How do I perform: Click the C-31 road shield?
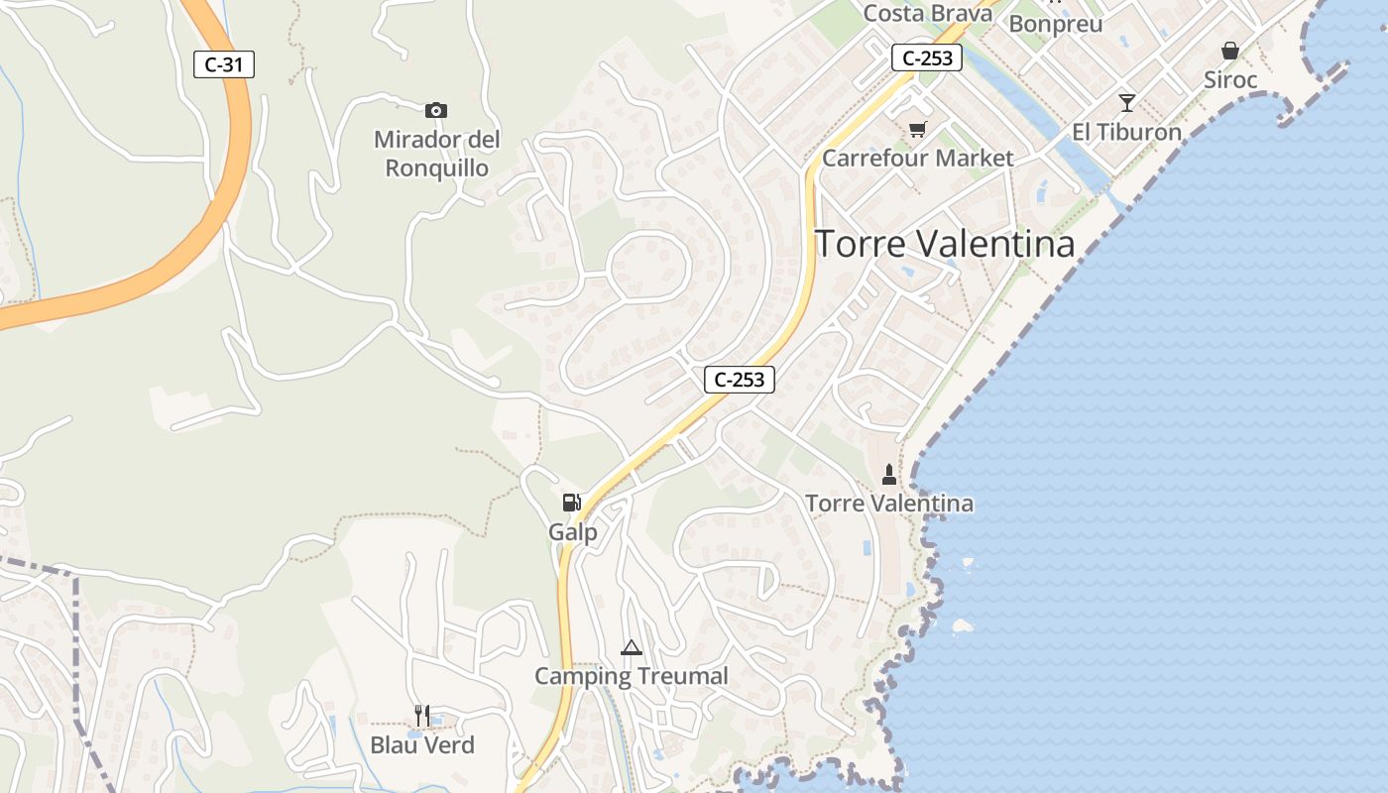(224, 65)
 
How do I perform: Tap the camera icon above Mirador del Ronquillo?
(435, 110)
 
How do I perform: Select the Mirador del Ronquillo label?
(436, 155)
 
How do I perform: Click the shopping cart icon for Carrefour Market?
(918, 130)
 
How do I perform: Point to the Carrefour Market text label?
(918, 158)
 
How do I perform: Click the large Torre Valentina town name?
(944, 244)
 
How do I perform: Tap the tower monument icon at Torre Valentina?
(889, 475)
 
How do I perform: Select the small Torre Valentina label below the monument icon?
(889, 504)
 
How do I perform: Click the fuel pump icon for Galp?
(571, 503)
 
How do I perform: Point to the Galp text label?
(573, 532)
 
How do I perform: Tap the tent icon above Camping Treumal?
(631, 648)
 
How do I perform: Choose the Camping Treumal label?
(632, 676)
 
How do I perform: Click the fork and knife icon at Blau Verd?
(422, 716)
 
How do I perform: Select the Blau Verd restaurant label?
(422, 744)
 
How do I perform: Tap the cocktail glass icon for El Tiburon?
(1126, 103)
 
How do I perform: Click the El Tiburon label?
(1127, 132)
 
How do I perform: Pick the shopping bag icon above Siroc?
(1230, 51)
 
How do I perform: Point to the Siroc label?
(1230, 79)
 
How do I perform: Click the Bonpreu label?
(1056, 24)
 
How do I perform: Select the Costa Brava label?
(928, 13)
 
